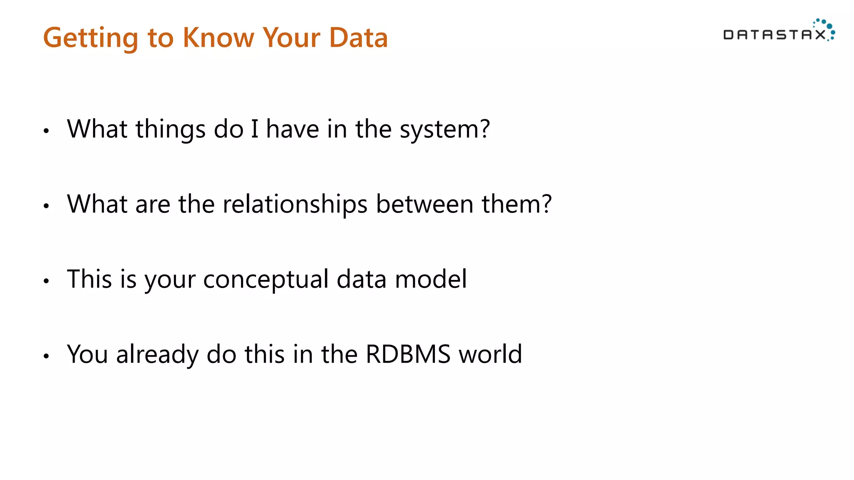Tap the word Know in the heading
[x=218, y=37]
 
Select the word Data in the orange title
[x=358, y=37]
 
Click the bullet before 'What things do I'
[x=46, y=131]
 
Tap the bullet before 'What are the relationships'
[x=46, y=206]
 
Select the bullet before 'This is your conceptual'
[x=46, y=281]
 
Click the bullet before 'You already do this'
[x=46, y=356]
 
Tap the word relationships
[x=295, y=204]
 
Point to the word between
[x=424, y=204]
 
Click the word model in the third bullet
[x=431, y=279]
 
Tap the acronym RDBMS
[x=408, y=354]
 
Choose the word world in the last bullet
[x=490, y=354]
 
